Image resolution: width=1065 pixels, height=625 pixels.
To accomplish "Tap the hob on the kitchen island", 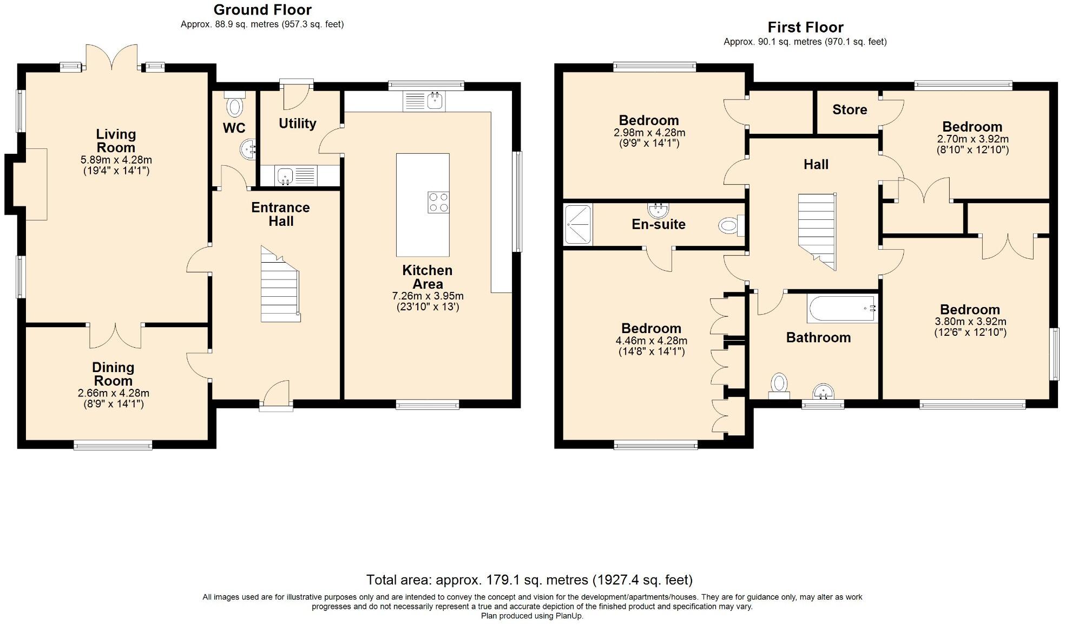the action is pos(438,202).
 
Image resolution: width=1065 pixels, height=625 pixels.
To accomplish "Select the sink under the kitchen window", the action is pos(424,101).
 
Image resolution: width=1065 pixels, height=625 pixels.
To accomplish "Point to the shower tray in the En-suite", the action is pos(578,224).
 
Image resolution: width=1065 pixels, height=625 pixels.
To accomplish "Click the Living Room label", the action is pos(116,141).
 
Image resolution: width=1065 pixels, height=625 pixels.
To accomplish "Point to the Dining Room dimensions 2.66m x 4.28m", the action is pos(114,393).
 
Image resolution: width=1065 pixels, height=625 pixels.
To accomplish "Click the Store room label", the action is pos(850,109).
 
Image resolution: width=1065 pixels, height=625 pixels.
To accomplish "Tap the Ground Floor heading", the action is pos(262,10).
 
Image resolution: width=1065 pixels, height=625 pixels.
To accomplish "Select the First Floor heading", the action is pos(805,27).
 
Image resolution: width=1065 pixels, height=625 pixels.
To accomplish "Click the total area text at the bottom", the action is pos(529,580).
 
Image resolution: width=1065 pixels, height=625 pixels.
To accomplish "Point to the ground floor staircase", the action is pos(280,284).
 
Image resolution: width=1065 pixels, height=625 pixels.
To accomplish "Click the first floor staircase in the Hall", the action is pos(818,231).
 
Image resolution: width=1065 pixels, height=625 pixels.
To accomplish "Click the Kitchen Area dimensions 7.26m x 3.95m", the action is pos(428,296).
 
